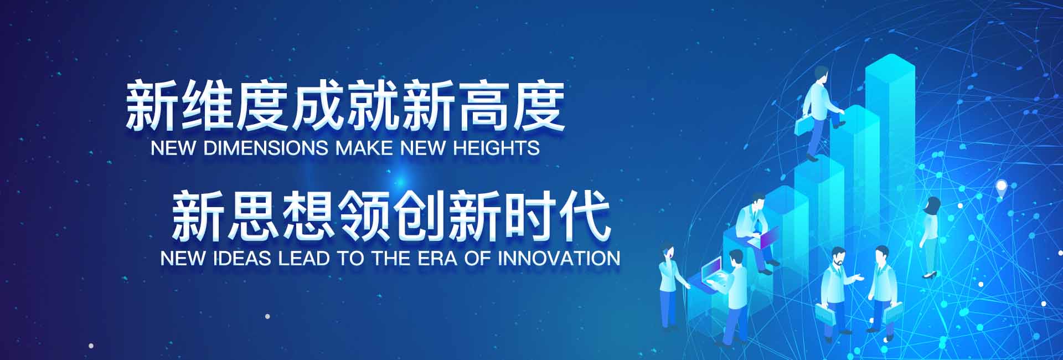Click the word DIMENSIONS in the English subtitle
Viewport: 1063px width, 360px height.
266,148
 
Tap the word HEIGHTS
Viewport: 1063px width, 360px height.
496,148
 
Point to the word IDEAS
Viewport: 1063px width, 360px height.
242,258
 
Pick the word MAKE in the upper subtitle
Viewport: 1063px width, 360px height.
364,148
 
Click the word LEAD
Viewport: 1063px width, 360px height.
304,258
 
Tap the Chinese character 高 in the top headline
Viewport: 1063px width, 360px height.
483,105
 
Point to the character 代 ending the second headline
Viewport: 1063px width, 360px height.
585,215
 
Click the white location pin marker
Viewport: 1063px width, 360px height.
1001,188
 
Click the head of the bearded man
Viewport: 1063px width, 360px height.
838,256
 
